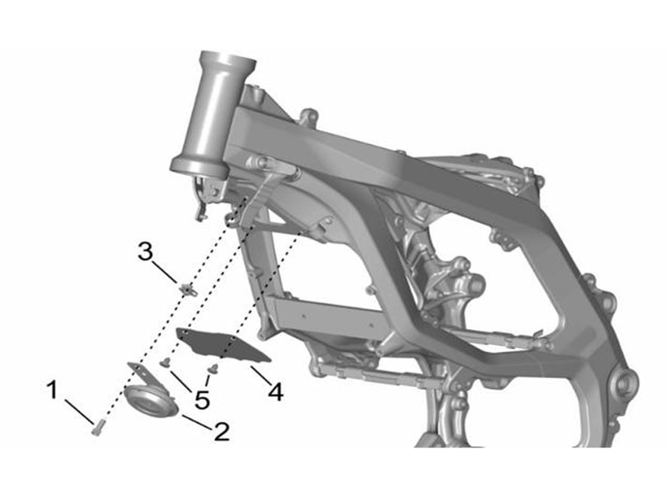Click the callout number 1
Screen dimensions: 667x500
pos(53,390)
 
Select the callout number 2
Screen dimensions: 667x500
pos(222,431)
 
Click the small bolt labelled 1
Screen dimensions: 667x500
pos(97,427)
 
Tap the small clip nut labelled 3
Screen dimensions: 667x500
pos(188,289)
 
